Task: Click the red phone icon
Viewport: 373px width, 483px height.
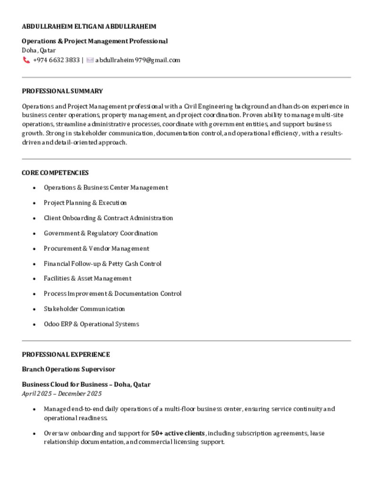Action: [26, 60]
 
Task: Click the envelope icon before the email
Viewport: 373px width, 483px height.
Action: [90, 60]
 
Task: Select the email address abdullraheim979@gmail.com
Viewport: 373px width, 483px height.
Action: [138, 60]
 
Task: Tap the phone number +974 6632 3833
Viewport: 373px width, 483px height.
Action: [56, 60]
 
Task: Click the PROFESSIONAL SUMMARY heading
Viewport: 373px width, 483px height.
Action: [62, 91]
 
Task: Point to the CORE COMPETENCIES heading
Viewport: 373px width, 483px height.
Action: [55, 173]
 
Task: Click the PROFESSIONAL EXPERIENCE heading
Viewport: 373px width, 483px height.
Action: [66, 354]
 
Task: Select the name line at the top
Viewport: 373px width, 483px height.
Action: [89, 26]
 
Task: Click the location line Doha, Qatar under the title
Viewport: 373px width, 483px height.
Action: [39, 50]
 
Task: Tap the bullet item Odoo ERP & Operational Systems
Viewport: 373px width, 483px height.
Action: [91, 324]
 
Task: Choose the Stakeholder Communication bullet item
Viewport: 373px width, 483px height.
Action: [84, 309]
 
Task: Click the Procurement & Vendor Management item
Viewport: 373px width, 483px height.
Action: [97, 249]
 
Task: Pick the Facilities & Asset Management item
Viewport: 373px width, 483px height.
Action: [88, 278]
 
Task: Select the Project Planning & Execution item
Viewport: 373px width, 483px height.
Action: [85, 203]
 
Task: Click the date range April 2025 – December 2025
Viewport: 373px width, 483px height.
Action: [62, 393]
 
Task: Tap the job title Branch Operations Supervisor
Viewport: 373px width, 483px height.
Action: [68, 369]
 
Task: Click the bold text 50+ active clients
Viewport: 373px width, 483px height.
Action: [178, 433]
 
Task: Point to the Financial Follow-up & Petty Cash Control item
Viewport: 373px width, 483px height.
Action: [103, 264]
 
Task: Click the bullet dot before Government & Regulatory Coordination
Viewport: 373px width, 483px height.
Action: [34, 233]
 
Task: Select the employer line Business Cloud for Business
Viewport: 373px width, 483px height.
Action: [86, 384]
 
